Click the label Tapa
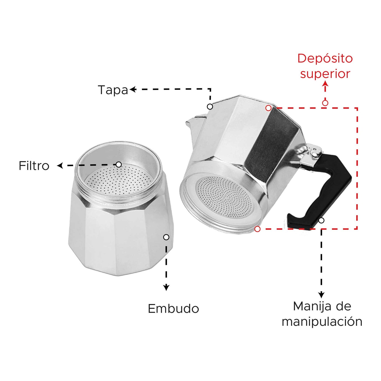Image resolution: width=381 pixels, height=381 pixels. (x=113, y=90)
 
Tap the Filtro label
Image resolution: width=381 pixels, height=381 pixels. (x=34, y=166)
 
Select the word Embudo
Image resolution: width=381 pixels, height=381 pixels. (x=173, y=308)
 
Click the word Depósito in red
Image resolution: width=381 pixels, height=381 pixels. (x=325, y=59)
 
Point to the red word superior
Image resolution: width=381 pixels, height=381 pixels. (x=325, y=74)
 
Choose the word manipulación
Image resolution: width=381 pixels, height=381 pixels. (x=322, y=322)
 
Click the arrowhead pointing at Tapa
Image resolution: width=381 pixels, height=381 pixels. (x=133, y=89)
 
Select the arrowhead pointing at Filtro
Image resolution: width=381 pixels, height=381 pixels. (x=60, y=166)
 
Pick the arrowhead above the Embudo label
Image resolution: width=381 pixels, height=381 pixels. (x=166, y=287)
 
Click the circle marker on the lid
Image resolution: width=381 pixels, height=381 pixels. (x=210, y=107)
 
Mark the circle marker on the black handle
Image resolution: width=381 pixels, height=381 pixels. (x=321, y=220)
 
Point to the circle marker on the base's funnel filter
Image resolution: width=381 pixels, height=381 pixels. (x=119, y=165)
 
